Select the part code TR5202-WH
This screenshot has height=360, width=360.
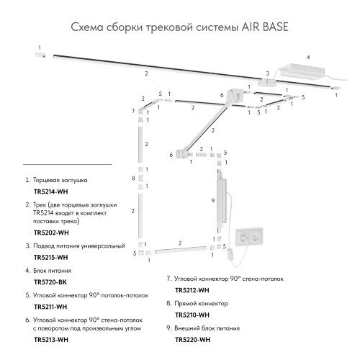(x=52, y=233)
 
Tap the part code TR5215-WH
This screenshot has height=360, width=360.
(x=52, y=256)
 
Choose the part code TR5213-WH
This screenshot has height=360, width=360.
(x=52, y=338)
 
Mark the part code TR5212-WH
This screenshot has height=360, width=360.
(x=192, y=289)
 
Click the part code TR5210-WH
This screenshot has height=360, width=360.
(x=192, y=314)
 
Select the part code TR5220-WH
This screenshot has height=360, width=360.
(x=192, y=338)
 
